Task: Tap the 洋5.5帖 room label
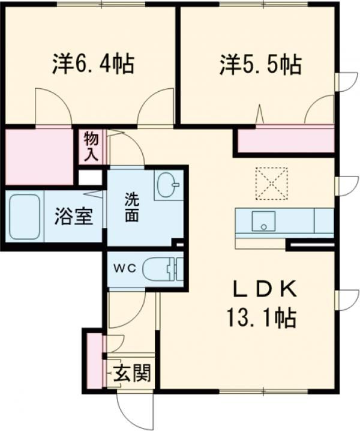(259, 64)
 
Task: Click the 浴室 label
(74, 216)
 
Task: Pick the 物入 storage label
(91, 146)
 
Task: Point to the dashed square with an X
(271, 183)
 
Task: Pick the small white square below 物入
(90, 178)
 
